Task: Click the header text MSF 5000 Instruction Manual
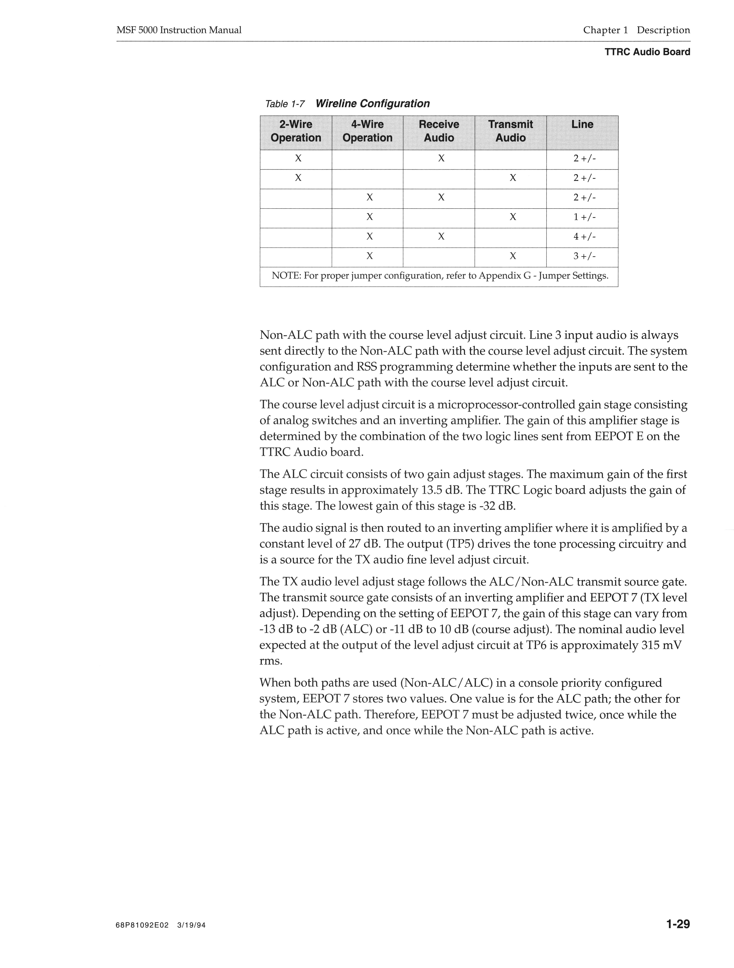pos(179,30)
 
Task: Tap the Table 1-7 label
pos(285,104)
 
